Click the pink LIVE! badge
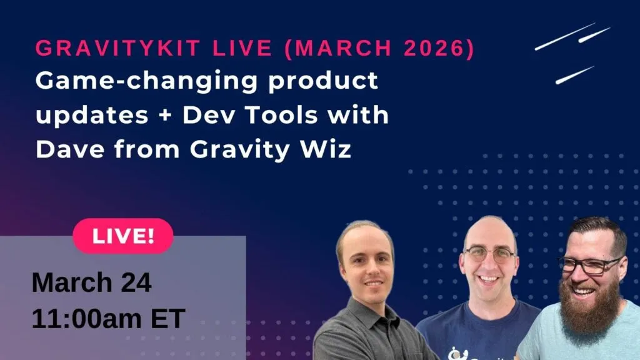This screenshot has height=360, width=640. click(123, 236)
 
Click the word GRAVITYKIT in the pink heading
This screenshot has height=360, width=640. click(117, 47)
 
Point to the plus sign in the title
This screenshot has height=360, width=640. click(165, 116)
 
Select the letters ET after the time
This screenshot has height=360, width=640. click(168, 318)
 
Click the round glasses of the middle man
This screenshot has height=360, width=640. click(489, 255)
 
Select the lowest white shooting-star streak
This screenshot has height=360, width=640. click(575, 75)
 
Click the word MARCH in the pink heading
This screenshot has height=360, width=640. click(343, 47)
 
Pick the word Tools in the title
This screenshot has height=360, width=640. click(281, 115)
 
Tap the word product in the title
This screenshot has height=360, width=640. click(323, 81)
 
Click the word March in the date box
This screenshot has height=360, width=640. click(72, 282)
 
